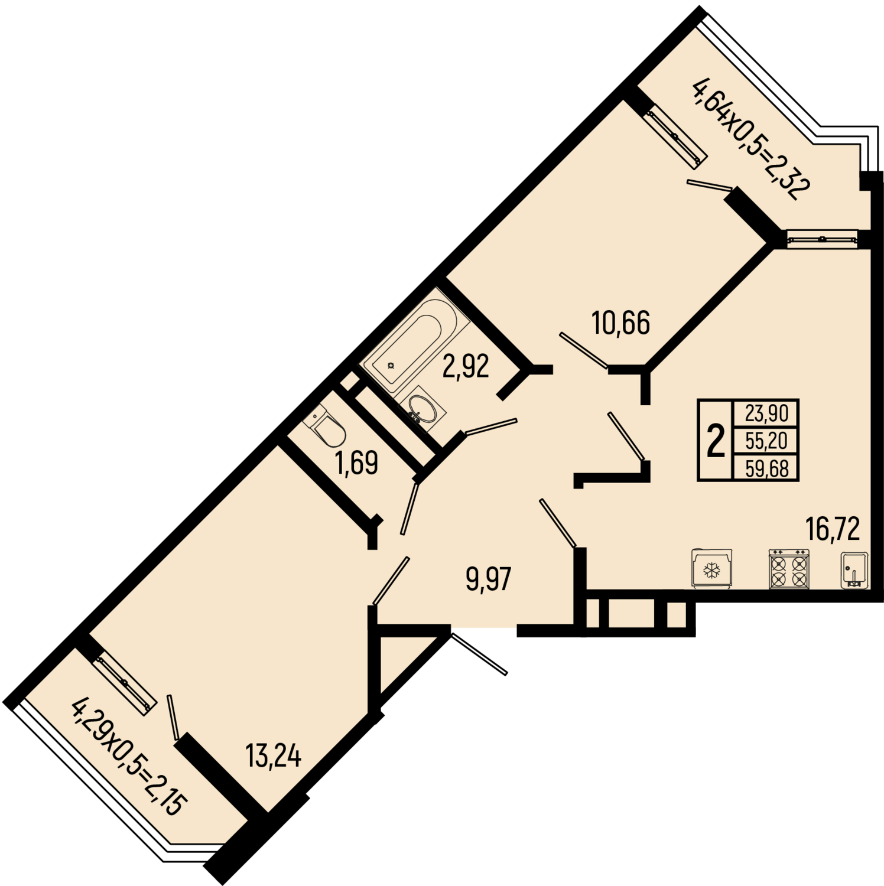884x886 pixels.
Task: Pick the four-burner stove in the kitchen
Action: pos(789,569)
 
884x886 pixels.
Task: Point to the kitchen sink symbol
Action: pos(854,570)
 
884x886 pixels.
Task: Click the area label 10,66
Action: pos(621,323)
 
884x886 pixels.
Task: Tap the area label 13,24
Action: pos(274,755)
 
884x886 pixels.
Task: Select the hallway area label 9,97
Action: pos(488,579)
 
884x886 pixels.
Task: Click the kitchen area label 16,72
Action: pos(833,528)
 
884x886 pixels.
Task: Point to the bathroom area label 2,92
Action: pos(466,366)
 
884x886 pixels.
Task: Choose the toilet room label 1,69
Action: pos(356,462)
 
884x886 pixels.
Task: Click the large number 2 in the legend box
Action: pos(716,441)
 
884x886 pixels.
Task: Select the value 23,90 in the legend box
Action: pos(766,413)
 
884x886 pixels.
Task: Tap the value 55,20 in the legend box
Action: pos(766,441)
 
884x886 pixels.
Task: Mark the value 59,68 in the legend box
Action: pos(766,468)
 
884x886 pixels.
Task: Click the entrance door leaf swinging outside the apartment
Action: pos(479,654)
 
